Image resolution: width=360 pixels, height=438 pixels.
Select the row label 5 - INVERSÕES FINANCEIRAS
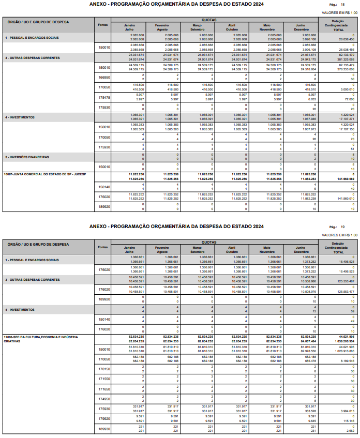pos(27,157)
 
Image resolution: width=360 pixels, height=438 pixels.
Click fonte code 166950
pos(104,78)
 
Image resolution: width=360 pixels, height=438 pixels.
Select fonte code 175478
pos(104,97)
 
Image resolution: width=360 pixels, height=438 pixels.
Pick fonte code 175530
pos(104,107)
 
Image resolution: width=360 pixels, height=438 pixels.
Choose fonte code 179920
pos(104,418)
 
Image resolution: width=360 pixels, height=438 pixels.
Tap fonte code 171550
pos(104,379)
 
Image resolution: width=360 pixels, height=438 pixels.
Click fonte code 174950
pos(104,399)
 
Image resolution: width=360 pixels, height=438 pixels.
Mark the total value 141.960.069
pos(344,178)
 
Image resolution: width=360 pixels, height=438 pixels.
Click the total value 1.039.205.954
pos(343,341)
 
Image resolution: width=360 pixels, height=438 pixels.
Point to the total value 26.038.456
pos(346,39)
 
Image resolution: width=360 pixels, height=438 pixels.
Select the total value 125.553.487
pos(344,281)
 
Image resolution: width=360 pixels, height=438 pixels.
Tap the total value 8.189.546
pos(346,361)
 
